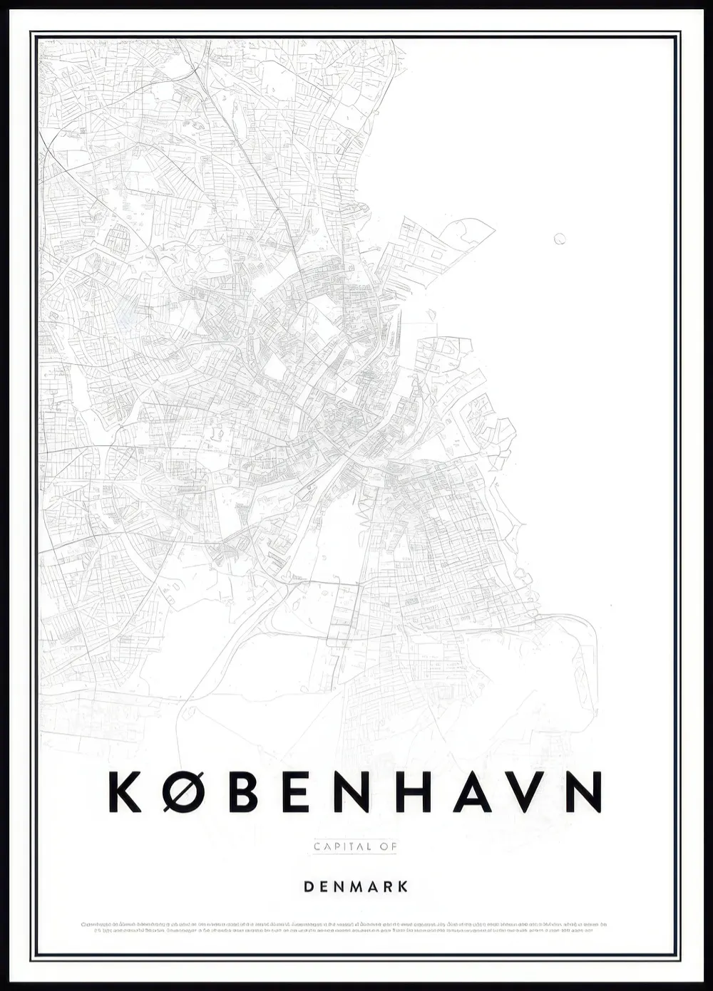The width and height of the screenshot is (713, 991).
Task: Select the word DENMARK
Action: [356, 887]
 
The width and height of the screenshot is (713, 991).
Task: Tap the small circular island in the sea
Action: [560, 238]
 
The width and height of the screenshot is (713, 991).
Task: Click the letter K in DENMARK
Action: [404, 887]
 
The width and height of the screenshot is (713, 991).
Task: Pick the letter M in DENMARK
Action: [355, 887]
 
